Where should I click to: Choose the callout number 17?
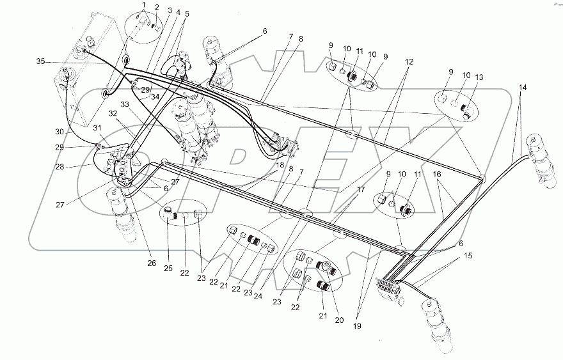point(361,190)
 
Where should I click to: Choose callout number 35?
point(41,62)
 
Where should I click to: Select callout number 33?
point(126,104)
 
